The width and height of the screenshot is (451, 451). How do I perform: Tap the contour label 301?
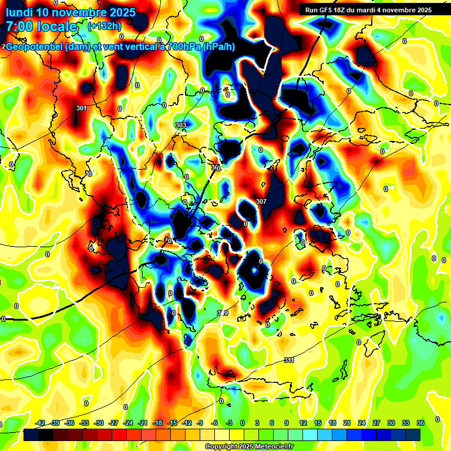(x=82, y=108)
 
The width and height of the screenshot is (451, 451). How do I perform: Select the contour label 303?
(x=181, y=125)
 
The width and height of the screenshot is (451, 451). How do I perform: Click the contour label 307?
(x=262, y=201)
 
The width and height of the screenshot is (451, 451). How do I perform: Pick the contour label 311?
(x=288, y=360)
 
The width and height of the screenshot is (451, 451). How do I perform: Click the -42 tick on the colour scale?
(x=41, y=423)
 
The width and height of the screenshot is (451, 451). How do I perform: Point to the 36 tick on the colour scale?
(x=420, y=423)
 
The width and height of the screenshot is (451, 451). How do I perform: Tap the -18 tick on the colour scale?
(x=157, y=423)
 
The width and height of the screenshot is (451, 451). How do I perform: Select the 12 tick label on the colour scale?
(x=303, y=423)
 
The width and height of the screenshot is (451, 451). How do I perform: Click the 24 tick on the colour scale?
(x=361, y=423)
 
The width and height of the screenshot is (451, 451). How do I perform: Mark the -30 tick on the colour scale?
(x=99, y=423)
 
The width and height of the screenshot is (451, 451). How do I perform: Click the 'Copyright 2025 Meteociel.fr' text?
(x=250, y=446)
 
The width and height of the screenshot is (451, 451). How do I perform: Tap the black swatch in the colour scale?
(x=32, y=435)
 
